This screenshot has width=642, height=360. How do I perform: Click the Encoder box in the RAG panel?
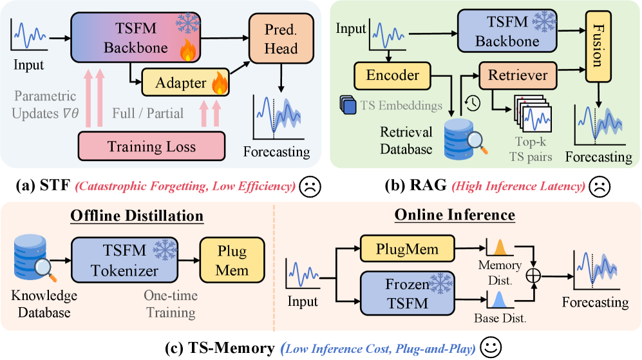[393, 75]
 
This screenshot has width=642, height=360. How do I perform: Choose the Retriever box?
[518, 75]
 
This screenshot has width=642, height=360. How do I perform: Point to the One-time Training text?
[169, 305]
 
